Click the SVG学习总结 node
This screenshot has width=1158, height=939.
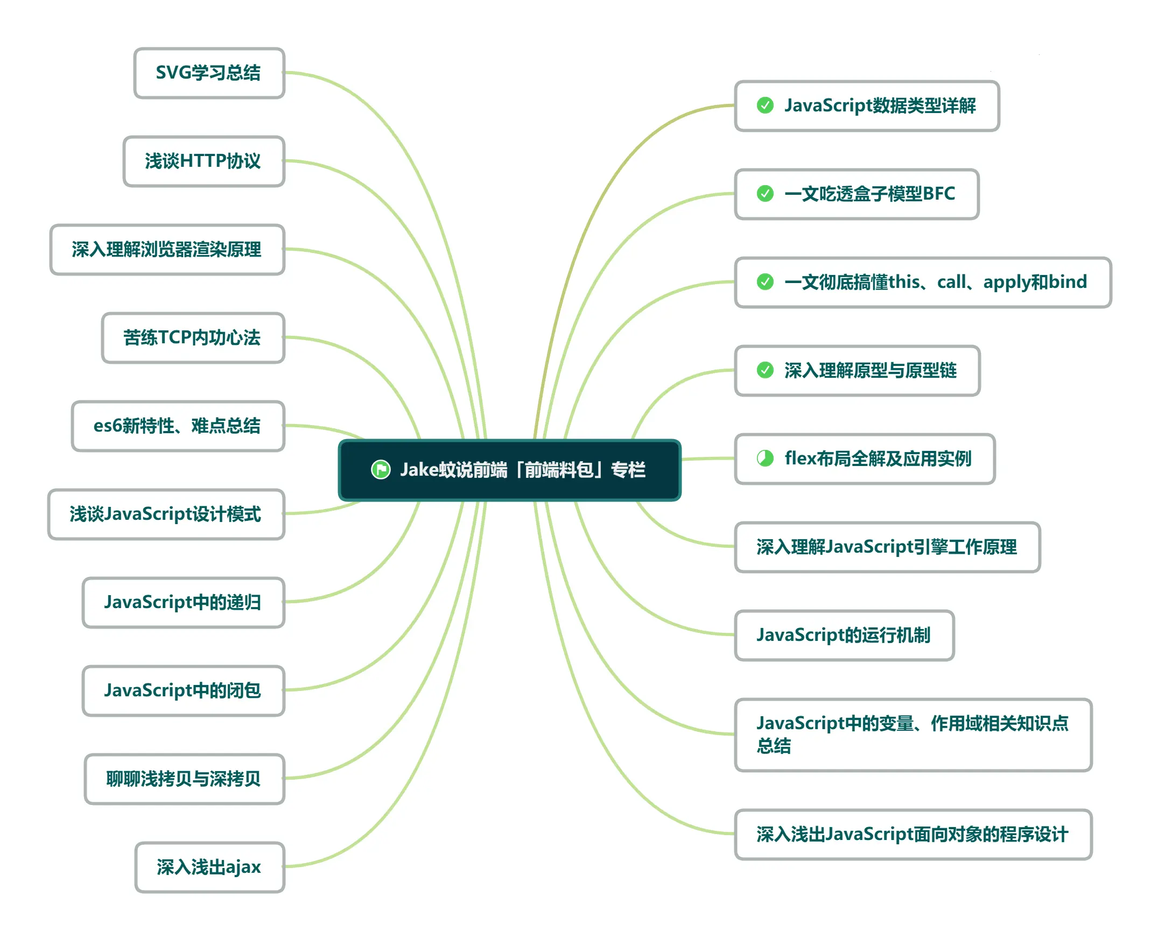click(x=209, y=73)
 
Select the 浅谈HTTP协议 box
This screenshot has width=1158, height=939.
click(x=203, y=161)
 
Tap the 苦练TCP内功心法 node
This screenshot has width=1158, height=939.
click(x=193, y=337)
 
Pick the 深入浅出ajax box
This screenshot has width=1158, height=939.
click(x=209, y=867)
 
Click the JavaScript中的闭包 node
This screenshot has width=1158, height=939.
click(x=183, y=691)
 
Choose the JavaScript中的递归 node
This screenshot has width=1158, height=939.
click(x=183, y=603)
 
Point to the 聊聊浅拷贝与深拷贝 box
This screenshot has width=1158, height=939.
click(x=184, y=779)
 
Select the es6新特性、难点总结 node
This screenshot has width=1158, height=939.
click(x=178, y=426)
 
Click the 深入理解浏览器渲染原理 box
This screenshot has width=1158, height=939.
click(x=167, y=249)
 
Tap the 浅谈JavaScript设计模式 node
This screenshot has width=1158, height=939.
click(x=166, y=514)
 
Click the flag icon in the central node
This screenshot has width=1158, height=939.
click(x=381, y=469)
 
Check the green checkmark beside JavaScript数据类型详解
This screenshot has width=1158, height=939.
click(x=765, y=105)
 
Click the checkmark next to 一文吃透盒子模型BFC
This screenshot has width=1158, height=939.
click(x=765, y=193)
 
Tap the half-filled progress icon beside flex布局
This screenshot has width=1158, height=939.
click(x=765, y=458)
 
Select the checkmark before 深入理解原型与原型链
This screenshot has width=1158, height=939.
click(x=765, y=370)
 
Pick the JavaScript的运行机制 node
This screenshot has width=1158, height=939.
click(x=844, y=635)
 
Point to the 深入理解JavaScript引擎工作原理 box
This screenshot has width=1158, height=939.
click(x=887, y=547)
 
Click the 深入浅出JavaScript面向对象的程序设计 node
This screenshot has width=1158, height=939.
click(x=913, y=834)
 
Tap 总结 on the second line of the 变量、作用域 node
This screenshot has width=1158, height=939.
click(x=774, y=746)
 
